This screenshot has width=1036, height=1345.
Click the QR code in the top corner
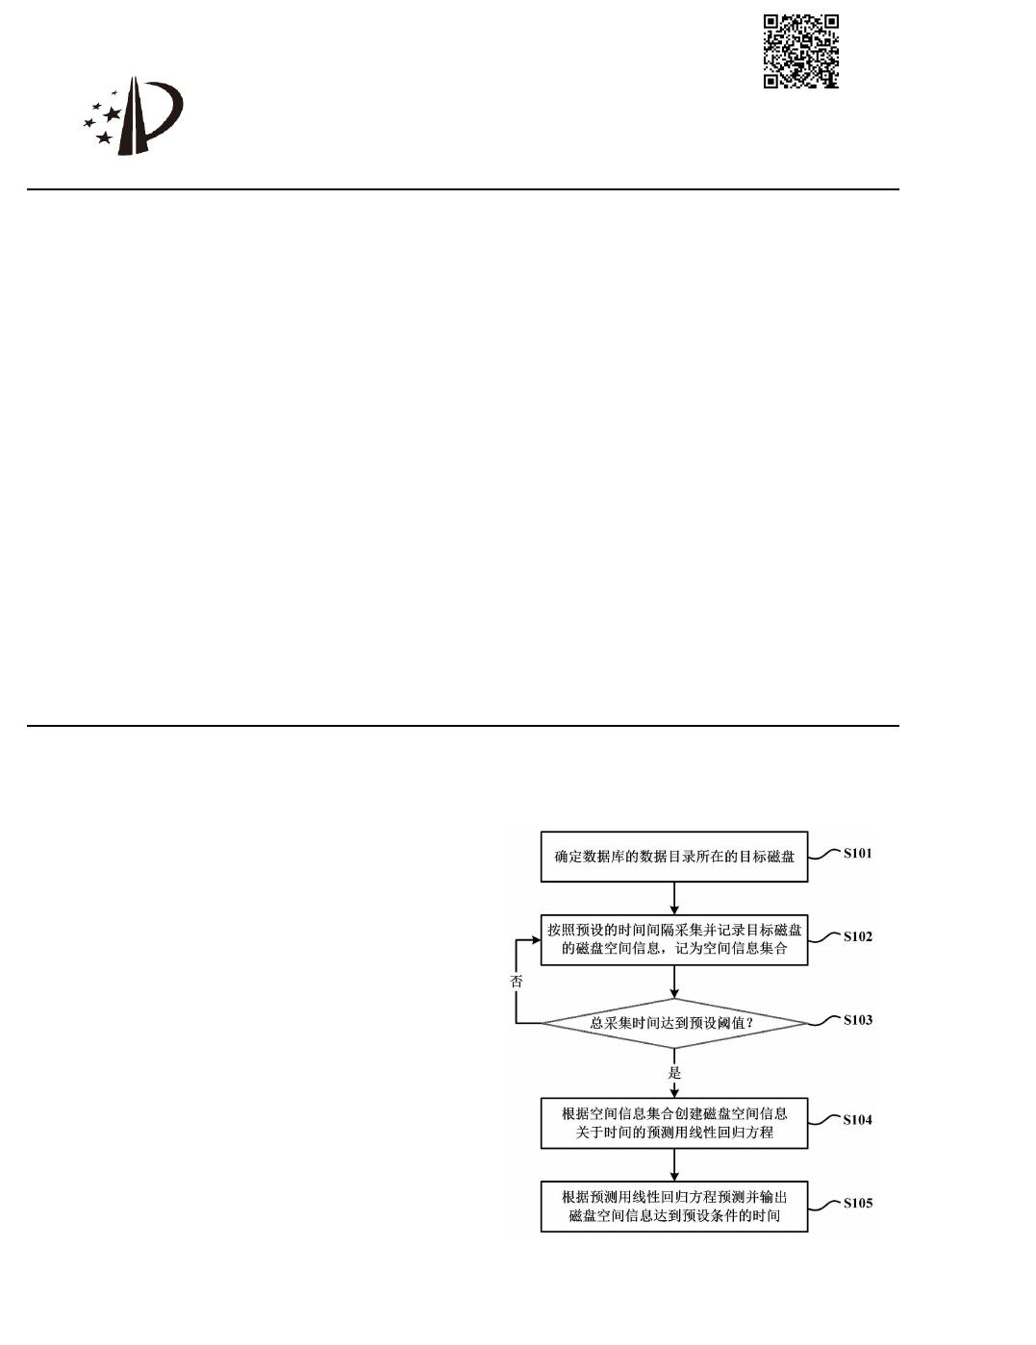tap(801, 51)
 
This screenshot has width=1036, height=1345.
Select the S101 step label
tap(857, 853)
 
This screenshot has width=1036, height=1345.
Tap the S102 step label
tap(857, 936)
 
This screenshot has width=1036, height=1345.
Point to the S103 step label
tap(857, 1020)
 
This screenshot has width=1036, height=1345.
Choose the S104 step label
tap(857, 1119)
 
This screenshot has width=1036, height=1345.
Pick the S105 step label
tap(857, 1203)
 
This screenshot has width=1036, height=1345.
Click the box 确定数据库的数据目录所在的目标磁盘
tap(673, 856)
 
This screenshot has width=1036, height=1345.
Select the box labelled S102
tap(673, 939)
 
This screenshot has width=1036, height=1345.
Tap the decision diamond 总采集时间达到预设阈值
tap(673, 1023)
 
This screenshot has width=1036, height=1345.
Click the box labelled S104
tap(673, 1123)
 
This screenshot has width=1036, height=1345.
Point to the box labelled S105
tap(673, 1206)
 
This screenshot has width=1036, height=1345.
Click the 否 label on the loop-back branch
tap(517, 982)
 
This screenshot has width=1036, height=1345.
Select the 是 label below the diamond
tap(674, 1072)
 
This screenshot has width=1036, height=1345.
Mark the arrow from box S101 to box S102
tap(674, 898)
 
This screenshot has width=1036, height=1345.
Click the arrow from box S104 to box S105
tap(674, 1164)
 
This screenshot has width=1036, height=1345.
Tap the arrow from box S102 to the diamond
tap(674, 982)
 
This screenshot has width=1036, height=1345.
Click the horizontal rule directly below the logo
tap(462, 189)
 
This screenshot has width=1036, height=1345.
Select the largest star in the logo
tap(112, 114)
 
